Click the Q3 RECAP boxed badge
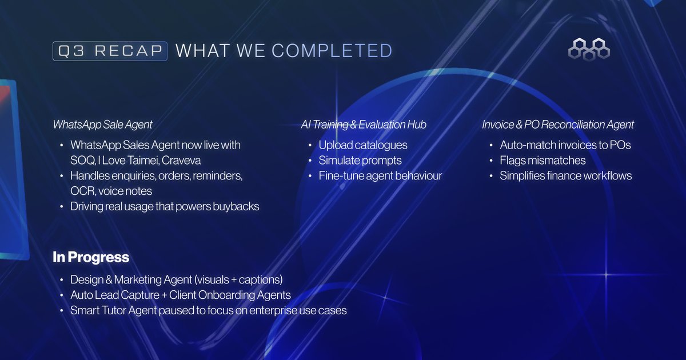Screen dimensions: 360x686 tap(110, 51)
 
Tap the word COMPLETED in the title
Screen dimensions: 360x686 tap(332, 51)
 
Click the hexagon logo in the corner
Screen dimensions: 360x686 tap(589, 49)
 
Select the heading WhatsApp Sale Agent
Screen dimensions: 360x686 tap(103, 125)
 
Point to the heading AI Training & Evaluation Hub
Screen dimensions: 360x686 tap(364, 125)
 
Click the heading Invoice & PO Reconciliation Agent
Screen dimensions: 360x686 tap(558, 125)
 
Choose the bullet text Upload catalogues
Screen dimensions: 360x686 tap(363, 145)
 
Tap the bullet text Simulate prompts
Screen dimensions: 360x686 tap(360, 161)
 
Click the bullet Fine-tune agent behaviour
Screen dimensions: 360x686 tap(380, 176)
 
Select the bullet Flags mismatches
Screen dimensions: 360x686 tap(543, 161)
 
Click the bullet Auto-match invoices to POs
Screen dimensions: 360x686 tap(565, 145)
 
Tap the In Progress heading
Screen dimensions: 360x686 tap(91, 258)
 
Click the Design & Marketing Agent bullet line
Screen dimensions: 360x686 tap(177, 280)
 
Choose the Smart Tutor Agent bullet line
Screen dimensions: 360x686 tap(208, 310)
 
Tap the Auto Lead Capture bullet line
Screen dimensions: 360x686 tap(180, 295)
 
